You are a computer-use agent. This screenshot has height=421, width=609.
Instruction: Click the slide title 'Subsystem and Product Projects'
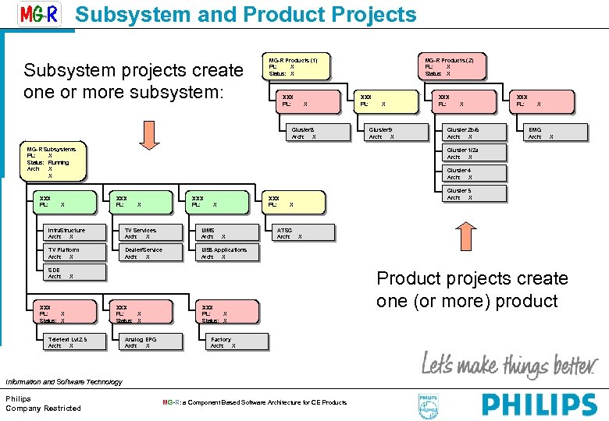click(246, 15)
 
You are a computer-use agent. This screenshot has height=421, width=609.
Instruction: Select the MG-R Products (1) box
click(294, 66)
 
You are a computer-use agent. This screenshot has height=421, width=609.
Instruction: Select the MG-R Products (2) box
click(451, 66)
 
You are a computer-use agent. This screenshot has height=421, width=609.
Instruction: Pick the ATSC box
click(295, 233)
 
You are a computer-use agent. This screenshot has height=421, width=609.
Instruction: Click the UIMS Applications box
click(227, 253)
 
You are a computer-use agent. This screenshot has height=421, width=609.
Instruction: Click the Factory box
click(233, 342)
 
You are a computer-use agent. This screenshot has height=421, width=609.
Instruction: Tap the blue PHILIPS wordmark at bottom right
click(539, 405)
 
